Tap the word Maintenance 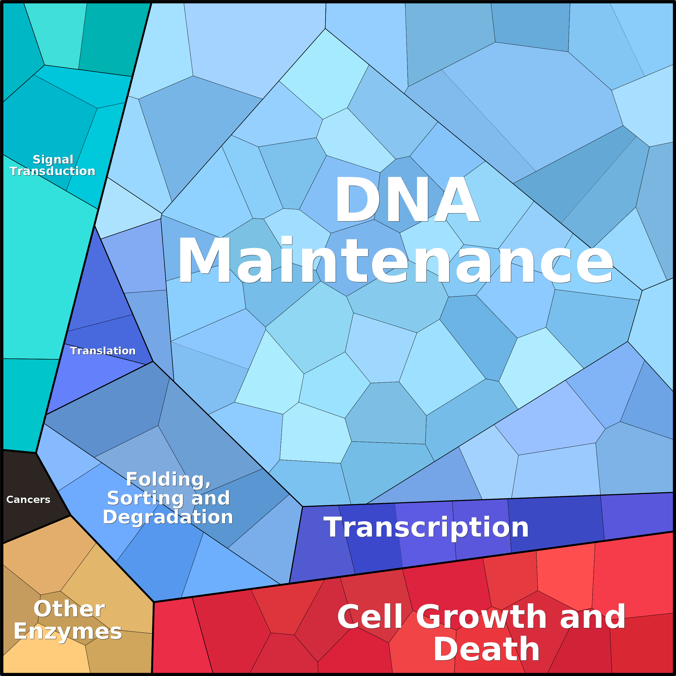pyautogui.click(x=395, y=260)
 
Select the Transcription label pyautogui.click(x=426, y=527)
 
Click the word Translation pyautogui.click(x=103, y=351)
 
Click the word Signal pyautogui.click(x=53, y=160)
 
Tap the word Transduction pyautogui.click(x=52, y=171)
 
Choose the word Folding pyautogui.click(x=168, y=479)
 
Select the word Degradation pyautogui.click(x=168, y=517)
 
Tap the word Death pyautogui.click(x=486, y=649)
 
